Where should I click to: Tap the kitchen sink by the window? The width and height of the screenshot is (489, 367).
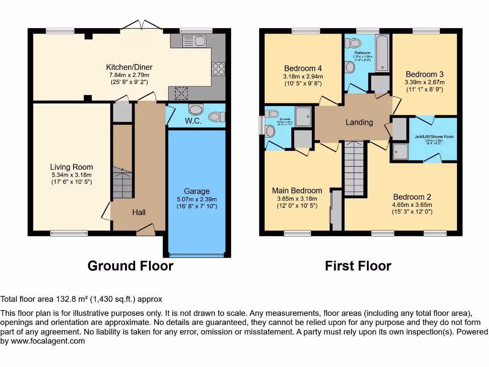[x=193, y=41]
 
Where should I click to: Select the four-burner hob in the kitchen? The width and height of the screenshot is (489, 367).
[x=218, y=69]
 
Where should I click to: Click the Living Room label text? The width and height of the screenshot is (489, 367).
[x=72, y=167]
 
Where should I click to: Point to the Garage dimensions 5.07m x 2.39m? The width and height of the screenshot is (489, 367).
[x=197, y=200]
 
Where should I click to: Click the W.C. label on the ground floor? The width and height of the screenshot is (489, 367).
[x=194, y=121]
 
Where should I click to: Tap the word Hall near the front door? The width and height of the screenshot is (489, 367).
[x=138, y=212]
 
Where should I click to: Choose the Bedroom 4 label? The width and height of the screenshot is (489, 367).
[x=303, y=68]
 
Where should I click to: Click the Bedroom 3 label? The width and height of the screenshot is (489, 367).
[x=425, y=74]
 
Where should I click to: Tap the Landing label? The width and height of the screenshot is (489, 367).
[x=359, y=122]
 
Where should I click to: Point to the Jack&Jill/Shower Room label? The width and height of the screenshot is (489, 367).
[x=434, y=137]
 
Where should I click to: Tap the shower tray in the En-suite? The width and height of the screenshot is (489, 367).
[x=303, y=116]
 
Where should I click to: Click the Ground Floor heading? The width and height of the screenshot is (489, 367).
[x=130, y=266]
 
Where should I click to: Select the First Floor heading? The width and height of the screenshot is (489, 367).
[x=358, y=266]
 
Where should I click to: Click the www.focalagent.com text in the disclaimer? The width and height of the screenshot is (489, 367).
[x=48, y=341]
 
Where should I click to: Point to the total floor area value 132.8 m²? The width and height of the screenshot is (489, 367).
[x=74, y=300]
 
